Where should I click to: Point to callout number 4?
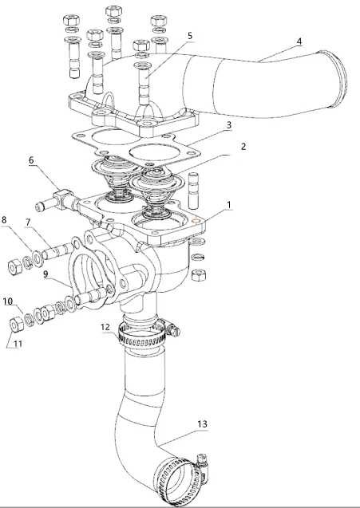point(277,41)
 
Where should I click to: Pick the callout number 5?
point(190,36)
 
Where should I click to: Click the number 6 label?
point(32,159)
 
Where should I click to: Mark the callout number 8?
point(4,219)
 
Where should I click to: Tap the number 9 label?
point(45,274)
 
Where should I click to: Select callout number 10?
point(8,301)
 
